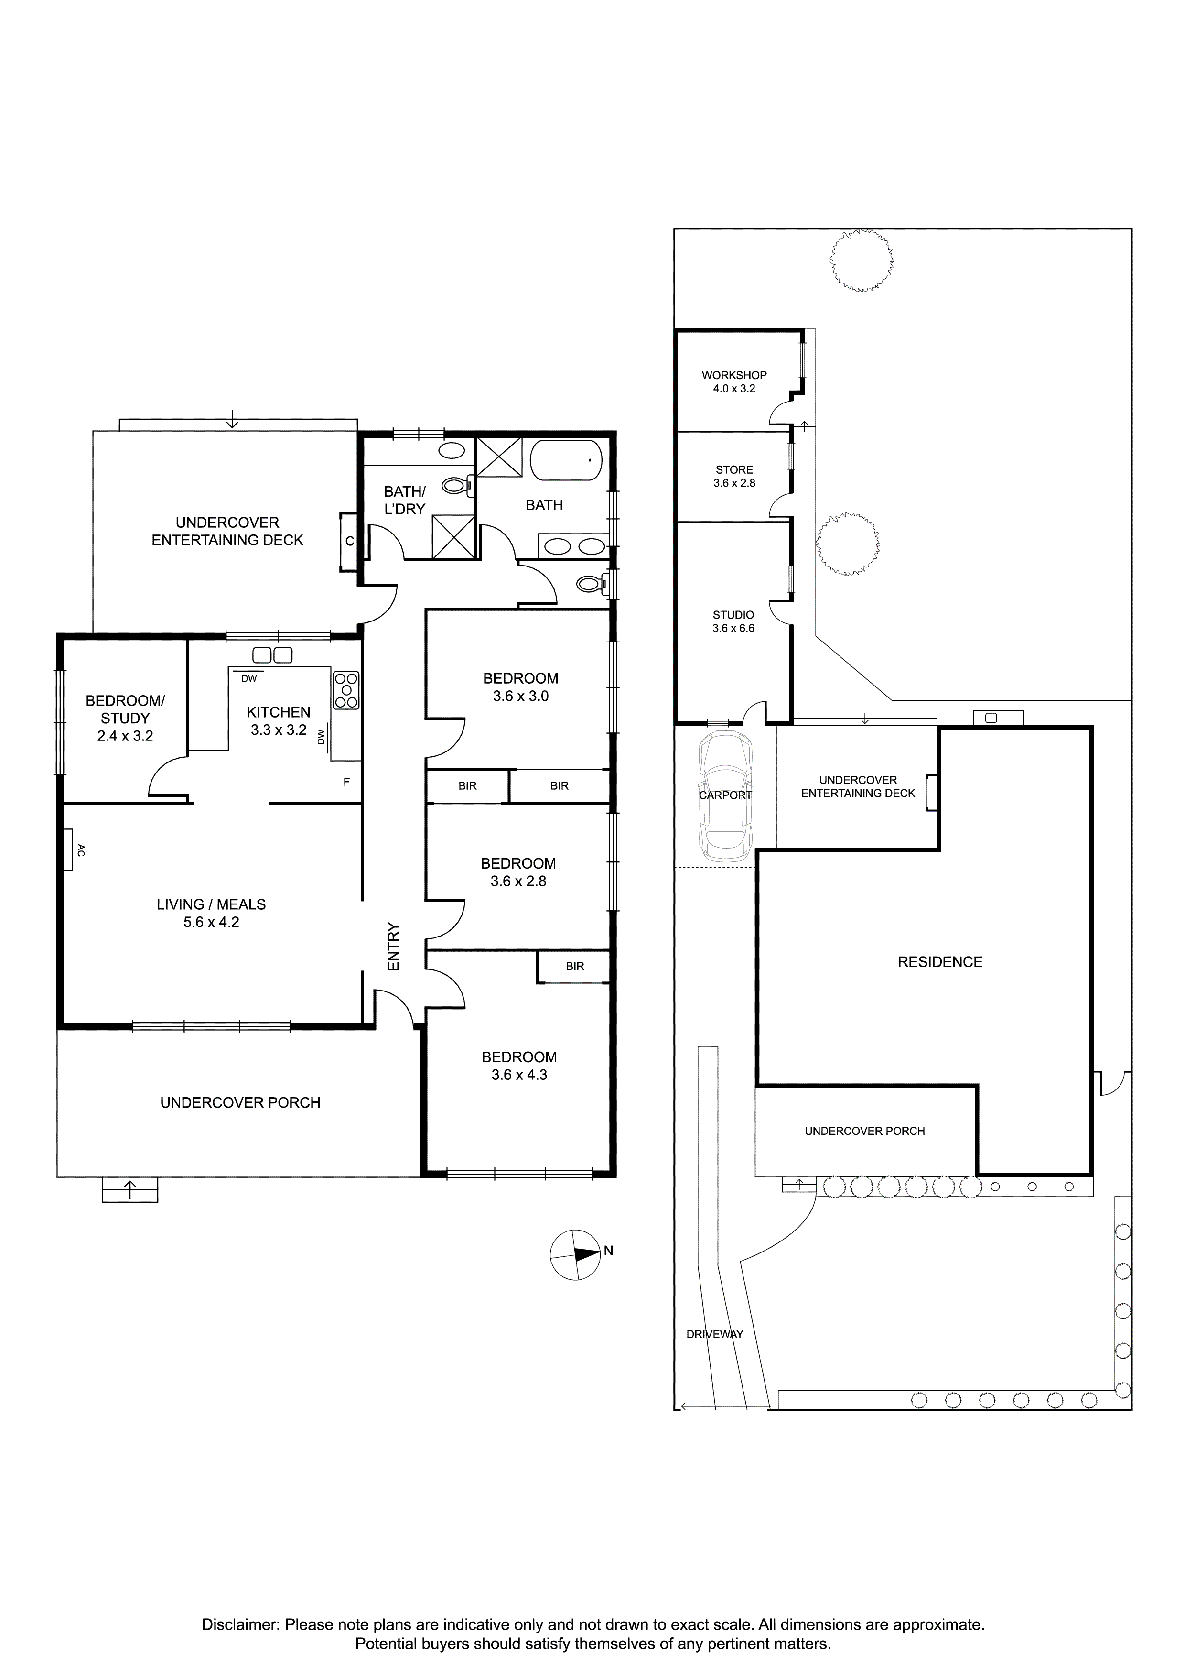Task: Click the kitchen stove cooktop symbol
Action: point(346,690)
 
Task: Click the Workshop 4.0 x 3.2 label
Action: point(734,381)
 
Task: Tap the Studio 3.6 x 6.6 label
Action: point(733,621)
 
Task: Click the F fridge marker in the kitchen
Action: point(347,782)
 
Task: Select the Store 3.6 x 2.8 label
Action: point(734,476)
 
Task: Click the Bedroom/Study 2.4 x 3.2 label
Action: point(125,718)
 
